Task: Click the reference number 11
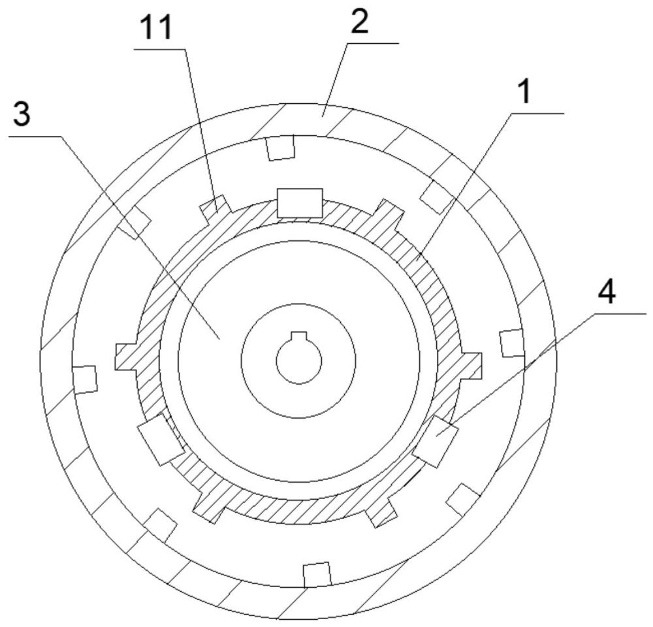tap(157, 29)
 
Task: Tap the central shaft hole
tap(298, 361)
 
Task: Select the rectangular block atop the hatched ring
tap(300, 202)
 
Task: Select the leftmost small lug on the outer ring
tap(85, 379)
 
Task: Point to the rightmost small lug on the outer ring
tap(511, 344)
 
